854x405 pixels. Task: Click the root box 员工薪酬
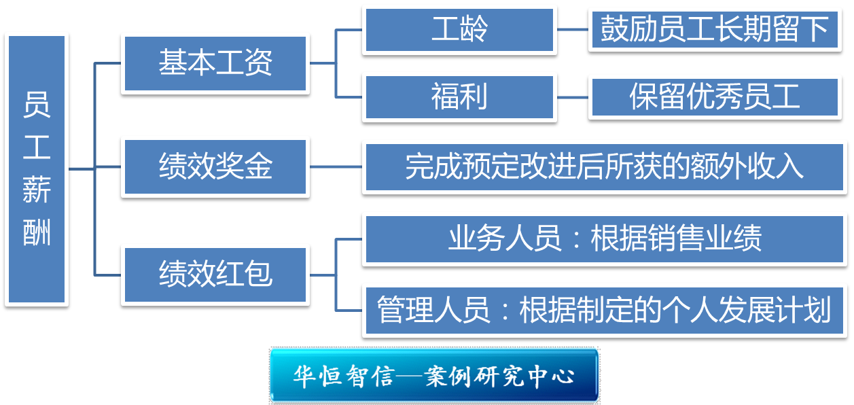click(x=37, y=170)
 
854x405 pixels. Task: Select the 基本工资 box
click(x=215, y=64)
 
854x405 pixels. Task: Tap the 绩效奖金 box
click(x=215, y=167)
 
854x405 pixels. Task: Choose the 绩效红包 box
click(x=215, y=274)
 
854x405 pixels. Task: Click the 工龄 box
click(x=459, y=30)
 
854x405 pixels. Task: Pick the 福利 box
click(x=459, y=97)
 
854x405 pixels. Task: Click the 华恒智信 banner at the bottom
click(x=434, y=376)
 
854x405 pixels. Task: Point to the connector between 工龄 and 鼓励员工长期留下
click(x=572, y=30)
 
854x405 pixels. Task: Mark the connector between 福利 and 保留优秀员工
click(x=572, y=97)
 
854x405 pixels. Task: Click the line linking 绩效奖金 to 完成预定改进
click(x=336, y=167)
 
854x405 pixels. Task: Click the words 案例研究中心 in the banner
click(x=499, y=376)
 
